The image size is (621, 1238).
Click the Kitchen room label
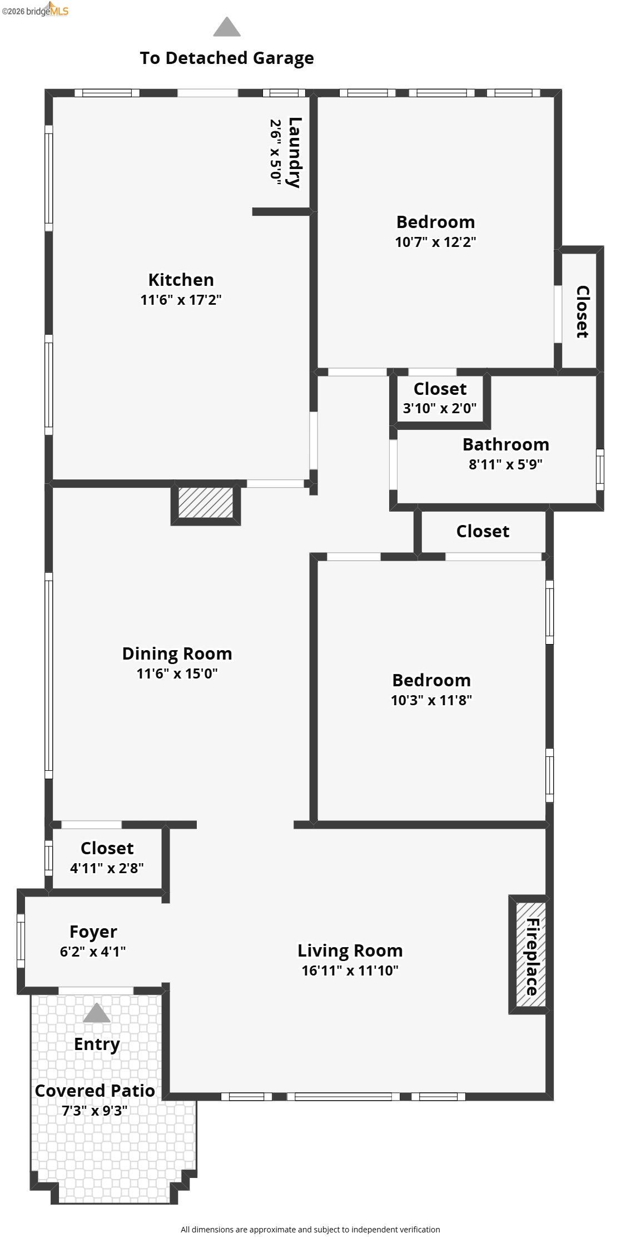point(181,280)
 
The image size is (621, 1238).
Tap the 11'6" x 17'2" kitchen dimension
point(181,300)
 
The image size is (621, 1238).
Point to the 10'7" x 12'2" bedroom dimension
point(435,242)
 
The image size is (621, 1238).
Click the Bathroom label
point(505,444)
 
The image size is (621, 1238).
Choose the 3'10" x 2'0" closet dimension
point(439,408)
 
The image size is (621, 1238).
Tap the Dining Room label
point(177,654)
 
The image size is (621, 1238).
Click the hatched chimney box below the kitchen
point(206,503)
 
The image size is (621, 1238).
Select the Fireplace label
point(532,957)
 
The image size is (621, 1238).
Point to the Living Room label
point(350,951)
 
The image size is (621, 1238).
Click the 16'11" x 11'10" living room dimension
point(350,970)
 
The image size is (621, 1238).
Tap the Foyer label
point(93,932)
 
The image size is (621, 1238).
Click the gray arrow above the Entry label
point(97,1013)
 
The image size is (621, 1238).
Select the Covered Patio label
point(95,1091)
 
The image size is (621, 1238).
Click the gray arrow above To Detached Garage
point(227,27)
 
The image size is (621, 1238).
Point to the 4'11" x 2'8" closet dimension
point(107,868)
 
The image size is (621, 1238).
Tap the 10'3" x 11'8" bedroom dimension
point(431,700)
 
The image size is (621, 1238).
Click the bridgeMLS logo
point(35,9)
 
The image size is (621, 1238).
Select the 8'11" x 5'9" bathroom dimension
point(505,464)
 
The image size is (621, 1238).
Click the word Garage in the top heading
point(284,58)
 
